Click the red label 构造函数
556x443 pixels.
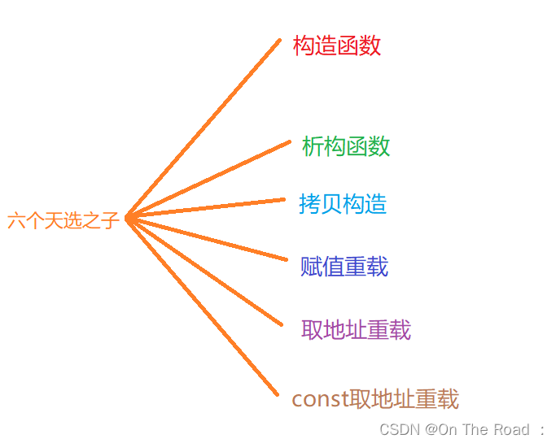pos(337,46)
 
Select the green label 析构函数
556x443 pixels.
pos(346,146)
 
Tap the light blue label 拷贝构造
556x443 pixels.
pos(343,204)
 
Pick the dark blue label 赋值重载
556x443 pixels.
pos(344,267)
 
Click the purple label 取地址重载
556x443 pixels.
pos(356,329)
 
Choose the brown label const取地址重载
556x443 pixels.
pos(375,399)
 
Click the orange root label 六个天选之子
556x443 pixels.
pos(63,220)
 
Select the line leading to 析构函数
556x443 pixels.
pos(208,180)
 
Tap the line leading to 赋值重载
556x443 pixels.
pos(208,239)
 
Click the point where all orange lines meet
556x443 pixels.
pos(129,218)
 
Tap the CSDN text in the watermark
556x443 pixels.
pos(400,429)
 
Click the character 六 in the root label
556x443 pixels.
pos(16,220)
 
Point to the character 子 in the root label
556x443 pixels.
pos(111,220)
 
